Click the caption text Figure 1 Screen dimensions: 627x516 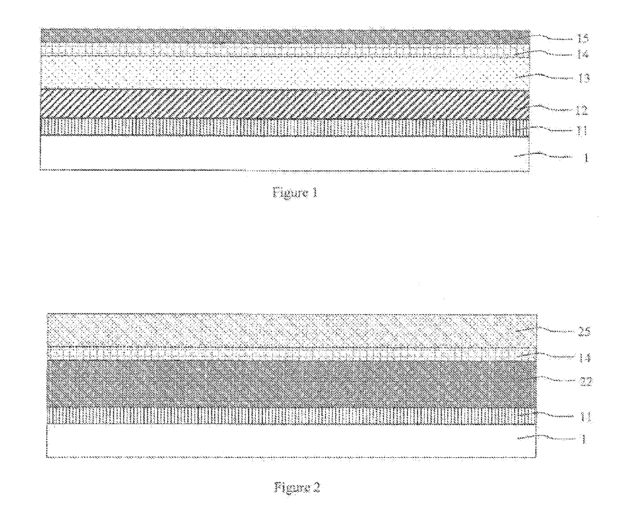295,193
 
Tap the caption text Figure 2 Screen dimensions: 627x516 297,488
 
